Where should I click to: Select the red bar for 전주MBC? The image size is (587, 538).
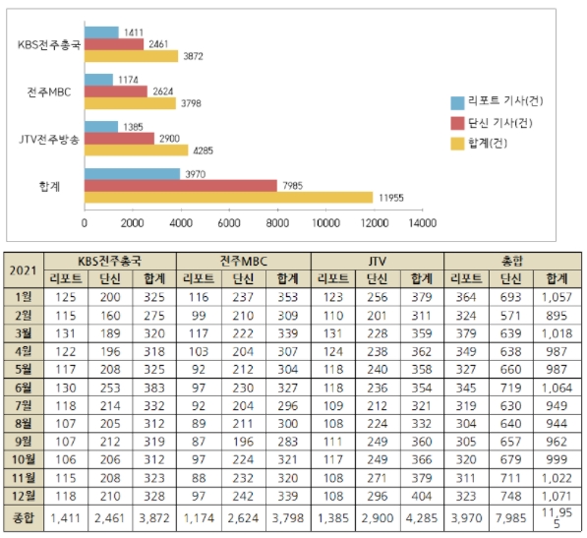(116, 91)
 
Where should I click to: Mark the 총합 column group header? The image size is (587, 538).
(512, 261)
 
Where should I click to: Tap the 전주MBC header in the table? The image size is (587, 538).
(244, 261)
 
